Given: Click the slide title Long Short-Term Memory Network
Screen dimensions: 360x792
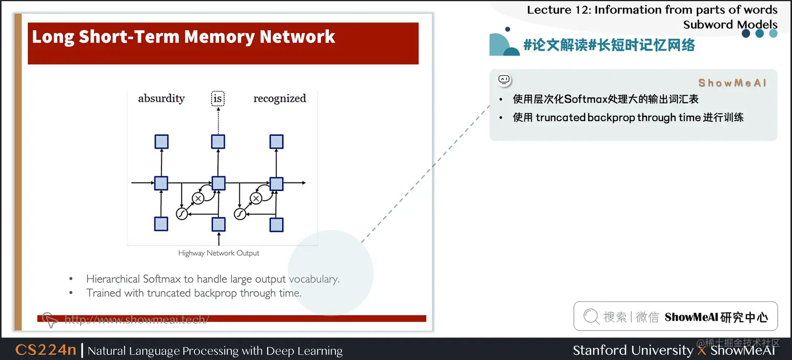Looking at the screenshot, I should click(x=183, y=37).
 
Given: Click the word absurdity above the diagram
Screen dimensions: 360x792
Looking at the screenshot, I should click(x=161, y=99).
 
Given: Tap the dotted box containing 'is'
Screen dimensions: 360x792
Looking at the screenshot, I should click(x=218, y=99).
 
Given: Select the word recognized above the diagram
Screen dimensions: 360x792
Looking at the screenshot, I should click(x=280, y=99).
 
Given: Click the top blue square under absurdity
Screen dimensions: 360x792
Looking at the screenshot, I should click(x=161, y=141).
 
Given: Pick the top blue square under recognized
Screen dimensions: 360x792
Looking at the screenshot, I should click(x=277, y=141).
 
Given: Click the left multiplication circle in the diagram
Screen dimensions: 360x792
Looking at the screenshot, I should click(x=198, y=198).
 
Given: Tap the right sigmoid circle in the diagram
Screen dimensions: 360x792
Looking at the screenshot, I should click(x=240, y=214).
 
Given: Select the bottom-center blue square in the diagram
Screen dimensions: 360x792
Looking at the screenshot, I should click(x=218, y=224).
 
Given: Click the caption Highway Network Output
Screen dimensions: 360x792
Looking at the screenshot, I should click(x=218, y=253).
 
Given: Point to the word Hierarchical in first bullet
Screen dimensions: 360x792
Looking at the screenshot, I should click(x=113, y=279).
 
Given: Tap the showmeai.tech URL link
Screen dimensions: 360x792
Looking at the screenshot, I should click(x=136, y=319).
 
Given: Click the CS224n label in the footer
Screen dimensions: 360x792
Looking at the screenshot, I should click(x=46, y=350).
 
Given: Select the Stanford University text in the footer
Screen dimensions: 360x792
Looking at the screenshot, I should click(x=633, y=350).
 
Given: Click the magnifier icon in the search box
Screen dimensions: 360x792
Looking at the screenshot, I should click(x=591, y=317).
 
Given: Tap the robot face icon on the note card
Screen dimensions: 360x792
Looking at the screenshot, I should click(x=504, y=80).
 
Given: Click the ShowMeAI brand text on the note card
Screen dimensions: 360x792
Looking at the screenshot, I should click(x=732, y=83).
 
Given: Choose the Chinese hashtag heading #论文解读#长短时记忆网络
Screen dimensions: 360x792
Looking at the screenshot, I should click(x=609, y=46).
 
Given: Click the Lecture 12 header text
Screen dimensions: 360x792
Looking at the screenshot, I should click(x=652, y=10).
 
